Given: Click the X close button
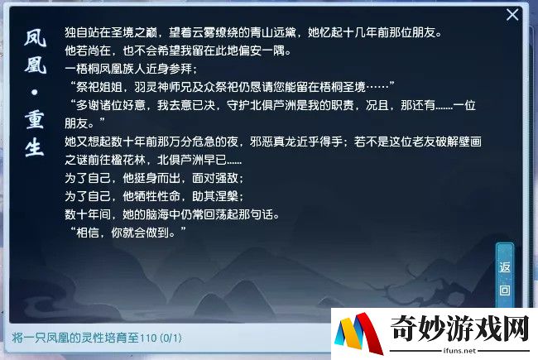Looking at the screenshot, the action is (512, 15).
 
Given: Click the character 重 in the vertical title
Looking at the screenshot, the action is (35, 120).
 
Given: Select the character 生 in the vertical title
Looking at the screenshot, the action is (35, 147).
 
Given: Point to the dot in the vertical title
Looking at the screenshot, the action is (34, 93).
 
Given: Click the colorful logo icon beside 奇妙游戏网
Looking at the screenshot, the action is (358, 333).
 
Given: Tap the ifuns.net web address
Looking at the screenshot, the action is (459, 351).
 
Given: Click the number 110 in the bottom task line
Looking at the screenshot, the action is (148, 338).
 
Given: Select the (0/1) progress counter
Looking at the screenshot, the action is (171, 338).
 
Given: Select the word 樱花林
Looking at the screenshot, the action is (128, 160).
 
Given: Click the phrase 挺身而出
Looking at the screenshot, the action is (157, 178).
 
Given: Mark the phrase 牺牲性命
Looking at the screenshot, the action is (157, 196).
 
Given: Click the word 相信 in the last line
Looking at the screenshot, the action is (88, 233).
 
